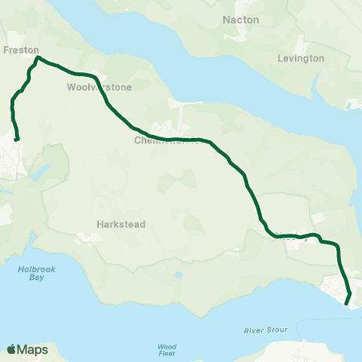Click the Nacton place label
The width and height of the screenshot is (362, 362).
coord(241,19)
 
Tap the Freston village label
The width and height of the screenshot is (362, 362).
coord(21,51)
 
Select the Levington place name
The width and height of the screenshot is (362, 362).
coord(301,58)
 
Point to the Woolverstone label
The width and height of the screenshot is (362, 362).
coord(100,87)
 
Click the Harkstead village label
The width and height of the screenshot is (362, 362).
coord(121,224)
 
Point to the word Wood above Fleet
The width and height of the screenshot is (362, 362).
coord(167,347)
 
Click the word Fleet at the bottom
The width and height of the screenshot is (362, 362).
coord(167,355)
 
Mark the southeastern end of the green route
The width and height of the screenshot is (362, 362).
coord(347,303)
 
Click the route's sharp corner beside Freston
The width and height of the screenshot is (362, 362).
coord(37,57)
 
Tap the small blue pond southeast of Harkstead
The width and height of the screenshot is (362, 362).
coord(178,275)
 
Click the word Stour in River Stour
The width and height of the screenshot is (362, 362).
coord(278,330)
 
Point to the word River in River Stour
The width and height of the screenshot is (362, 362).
coord(255,330)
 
